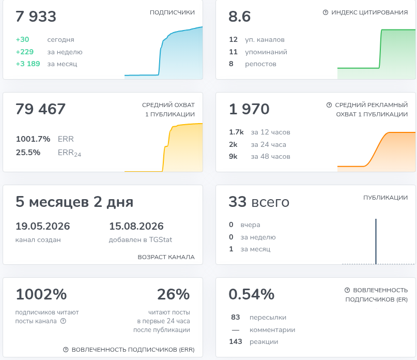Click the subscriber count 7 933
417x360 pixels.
click(36, 16)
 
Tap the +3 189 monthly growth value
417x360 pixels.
click(28, 64)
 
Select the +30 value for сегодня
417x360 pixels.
click(22, 39)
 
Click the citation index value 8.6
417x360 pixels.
click(239, 16)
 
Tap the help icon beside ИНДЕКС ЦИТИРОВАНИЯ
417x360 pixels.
click(325, 12)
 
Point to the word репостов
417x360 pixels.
click(260, 64)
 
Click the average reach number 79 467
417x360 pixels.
click(40, 109)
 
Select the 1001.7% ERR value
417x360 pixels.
click(33, 139)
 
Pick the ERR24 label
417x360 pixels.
click(69, 153)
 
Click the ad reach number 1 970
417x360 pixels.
click(249, 109)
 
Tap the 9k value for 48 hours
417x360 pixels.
click(233, 156)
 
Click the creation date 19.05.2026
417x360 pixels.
click(42, 226)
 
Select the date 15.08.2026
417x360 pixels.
click(136, 226)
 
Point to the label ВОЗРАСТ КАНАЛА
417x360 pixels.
click(166, 257)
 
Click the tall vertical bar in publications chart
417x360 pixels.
click(376, 242)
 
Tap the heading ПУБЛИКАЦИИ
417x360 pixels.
click(385, 198)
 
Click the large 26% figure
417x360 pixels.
click(174, 294)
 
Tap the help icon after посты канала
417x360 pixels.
click(63, 321)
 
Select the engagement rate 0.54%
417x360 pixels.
click(251, 294)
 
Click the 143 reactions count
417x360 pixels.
click(236, 341)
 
